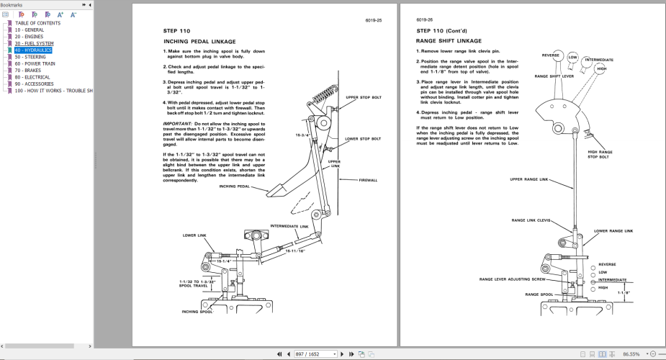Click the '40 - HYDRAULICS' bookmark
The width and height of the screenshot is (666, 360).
33,50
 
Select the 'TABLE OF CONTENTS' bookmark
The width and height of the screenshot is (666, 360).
37,23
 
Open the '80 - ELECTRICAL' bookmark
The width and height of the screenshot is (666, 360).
33,78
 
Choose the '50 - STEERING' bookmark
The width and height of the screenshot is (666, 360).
30,57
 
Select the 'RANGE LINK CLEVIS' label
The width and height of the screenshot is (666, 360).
531,220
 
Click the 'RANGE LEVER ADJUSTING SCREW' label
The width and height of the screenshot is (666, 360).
513,278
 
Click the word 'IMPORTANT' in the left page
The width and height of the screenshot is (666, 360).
177,124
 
